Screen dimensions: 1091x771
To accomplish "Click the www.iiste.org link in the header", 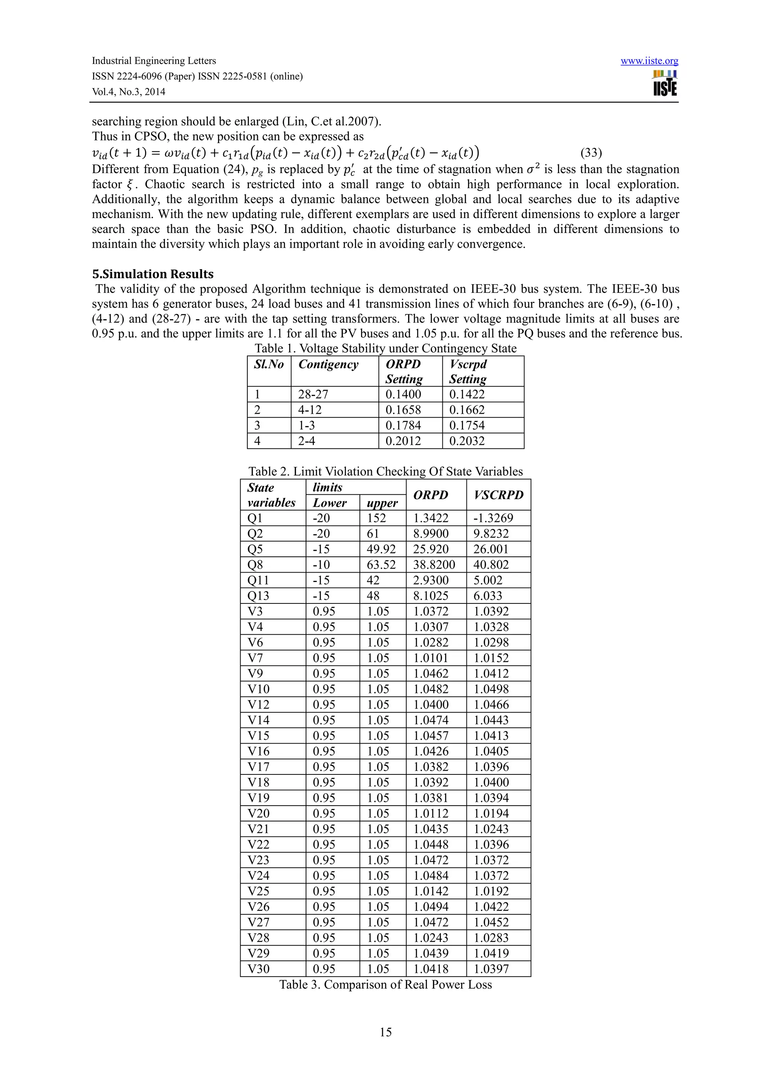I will pyautogui.click(x=649, y=61).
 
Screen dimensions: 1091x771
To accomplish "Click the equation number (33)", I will pyautogui.click(x=591, y=153).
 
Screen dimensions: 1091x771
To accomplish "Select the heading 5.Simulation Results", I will pyautogui.click(x=152, y=274).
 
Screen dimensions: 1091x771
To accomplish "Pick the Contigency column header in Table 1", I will pyautogui.click(x=328, y=364).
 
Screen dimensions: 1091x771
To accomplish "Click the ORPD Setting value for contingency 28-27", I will pyautogui.click(x=403, y=395).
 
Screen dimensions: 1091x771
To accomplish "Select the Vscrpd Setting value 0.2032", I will pyautogui.click(x=466, y=441).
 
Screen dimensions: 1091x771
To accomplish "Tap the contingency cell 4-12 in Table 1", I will pyautogui.click(x=310, y=410).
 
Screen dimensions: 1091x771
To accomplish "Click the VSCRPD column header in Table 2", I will pyautogui.click(x=498, y=495).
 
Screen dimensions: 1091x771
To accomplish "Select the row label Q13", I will pyautogui.click(x=258, y=596).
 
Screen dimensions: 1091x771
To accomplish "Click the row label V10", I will pyautogui.click(x=258, y=689).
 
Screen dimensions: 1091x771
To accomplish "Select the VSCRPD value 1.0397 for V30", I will pyautogui.click(x=491, y=969).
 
